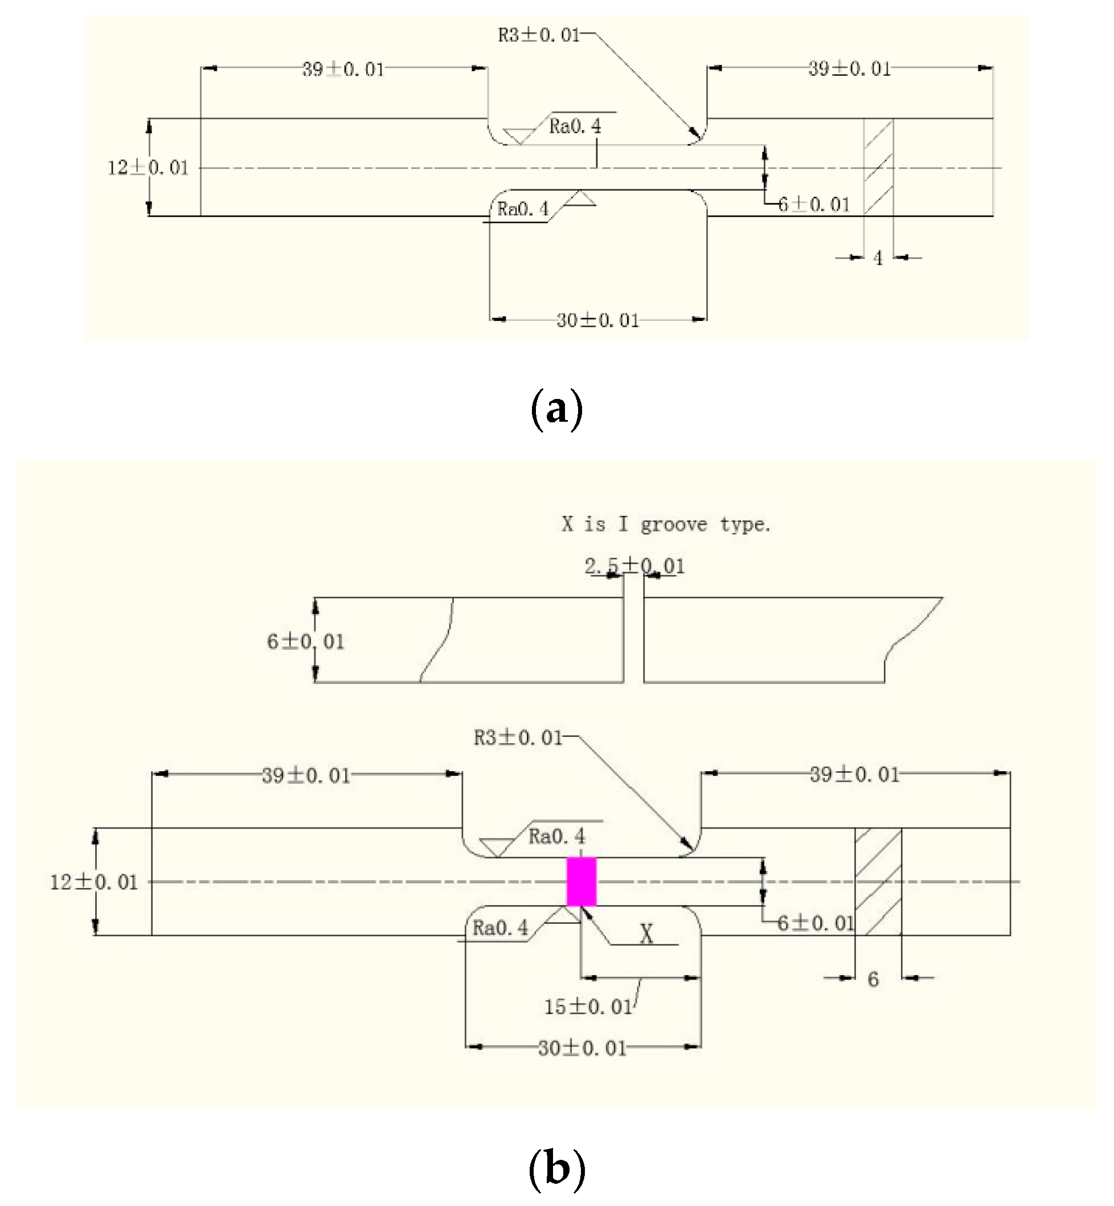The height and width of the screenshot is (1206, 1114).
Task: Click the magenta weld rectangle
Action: point(581,882)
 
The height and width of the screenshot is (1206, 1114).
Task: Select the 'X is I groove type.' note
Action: point(666,524)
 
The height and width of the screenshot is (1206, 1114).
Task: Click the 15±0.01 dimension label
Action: point(588,1007)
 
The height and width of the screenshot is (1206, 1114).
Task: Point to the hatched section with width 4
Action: point(878,167)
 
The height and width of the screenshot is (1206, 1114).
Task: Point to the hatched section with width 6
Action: point(878,882)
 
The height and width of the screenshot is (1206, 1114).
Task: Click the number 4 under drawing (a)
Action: point(878,258)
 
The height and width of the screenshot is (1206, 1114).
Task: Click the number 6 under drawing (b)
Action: point(873,979)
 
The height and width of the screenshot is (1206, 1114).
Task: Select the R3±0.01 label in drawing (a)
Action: point(538,35)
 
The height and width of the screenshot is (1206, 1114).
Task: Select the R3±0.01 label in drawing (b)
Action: point(518,738)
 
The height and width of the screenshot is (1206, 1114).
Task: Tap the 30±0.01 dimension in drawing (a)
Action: point(597,320)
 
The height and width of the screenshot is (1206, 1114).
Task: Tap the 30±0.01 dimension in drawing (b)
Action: point(582,1048)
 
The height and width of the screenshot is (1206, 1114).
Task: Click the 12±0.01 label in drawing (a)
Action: point(148,168)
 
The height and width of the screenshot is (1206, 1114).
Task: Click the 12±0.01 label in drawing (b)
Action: point(93,882)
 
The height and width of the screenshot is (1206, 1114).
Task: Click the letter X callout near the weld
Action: point(646,934)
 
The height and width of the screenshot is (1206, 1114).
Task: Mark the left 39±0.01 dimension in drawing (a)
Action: point(343,70)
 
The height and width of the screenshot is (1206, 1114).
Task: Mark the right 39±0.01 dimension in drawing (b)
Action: point(854,774)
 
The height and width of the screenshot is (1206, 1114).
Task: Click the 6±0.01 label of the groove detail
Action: point(306,641)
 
